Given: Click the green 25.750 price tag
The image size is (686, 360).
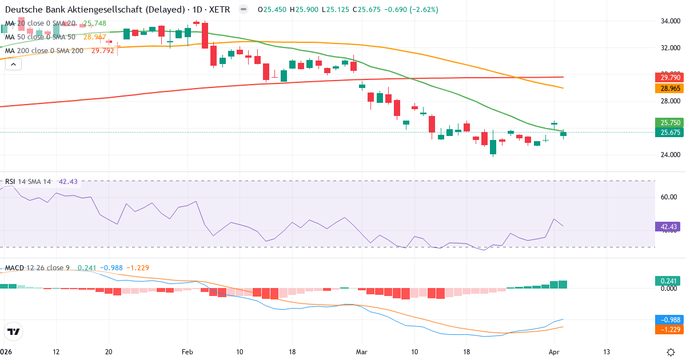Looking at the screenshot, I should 668,123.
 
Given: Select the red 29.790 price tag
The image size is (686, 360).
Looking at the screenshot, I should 668,77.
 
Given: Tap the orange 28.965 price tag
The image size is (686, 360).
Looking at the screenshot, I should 668,89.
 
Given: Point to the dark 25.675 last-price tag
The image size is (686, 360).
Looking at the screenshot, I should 668,132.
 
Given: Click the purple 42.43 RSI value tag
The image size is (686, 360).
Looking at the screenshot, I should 668,227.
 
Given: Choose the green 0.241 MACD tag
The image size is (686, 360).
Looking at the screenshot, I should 668,281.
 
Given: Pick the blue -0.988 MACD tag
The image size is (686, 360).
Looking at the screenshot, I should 668,319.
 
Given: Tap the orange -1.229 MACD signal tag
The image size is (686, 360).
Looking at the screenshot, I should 668,329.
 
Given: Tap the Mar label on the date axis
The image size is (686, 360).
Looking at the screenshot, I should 361,351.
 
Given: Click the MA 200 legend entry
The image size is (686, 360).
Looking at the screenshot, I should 45,50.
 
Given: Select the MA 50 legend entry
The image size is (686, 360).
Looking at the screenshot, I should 40,37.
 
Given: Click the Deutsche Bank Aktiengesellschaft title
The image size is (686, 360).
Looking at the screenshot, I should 94,10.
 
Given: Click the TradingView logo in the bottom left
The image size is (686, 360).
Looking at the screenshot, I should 14,331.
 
